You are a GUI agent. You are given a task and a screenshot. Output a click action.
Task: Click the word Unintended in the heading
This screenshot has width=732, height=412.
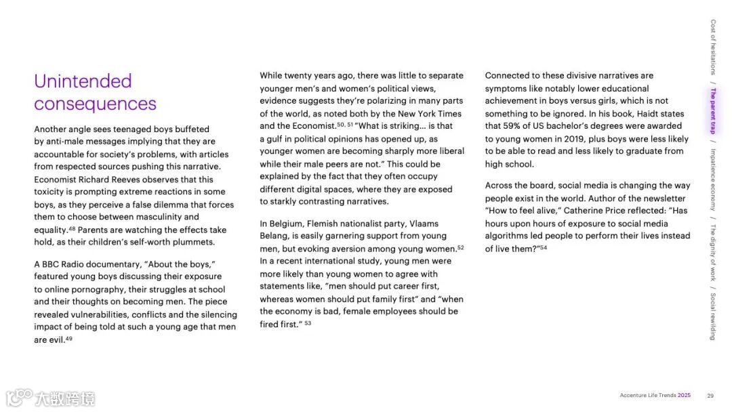(x=83, y=81)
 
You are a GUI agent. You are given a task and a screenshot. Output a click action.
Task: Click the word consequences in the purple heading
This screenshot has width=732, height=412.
(x=95, y=104)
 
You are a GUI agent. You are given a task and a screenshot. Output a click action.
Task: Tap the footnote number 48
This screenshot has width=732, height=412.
(x=72, y=228)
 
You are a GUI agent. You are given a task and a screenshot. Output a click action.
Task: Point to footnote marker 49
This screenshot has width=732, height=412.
(x=69, y=338)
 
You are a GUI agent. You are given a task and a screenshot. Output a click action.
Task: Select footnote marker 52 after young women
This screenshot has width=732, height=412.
(x=461, y=247)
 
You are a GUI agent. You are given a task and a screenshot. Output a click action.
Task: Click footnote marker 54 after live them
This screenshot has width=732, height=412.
(x=544, y=247)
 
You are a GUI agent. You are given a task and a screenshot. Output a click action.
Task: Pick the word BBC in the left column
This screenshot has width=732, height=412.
(x=52, y=264)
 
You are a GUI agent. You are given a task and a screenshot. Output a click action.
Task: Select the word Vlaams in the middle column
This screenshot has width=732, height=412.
(x=422, y=224)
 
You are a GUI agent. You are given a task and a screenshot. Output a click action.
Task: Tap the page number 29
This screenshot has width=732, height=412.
(x=710, y=396)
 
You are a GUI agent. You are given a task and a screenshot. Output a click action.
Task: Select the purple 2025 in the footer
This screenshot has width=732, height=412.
(x=684, y=396)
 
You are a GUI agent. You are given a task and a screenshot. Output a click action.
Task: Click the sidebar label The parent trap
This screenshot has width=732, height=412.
(x=713, y=111)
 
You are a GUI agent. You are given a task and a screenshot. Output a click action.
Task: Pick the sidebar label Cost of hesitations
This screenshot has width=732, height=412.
(x=713, y=47)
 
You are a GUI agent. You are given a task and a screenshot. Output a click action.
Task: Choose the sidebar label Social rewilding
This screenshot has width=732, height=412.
(x=713, y=316)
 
